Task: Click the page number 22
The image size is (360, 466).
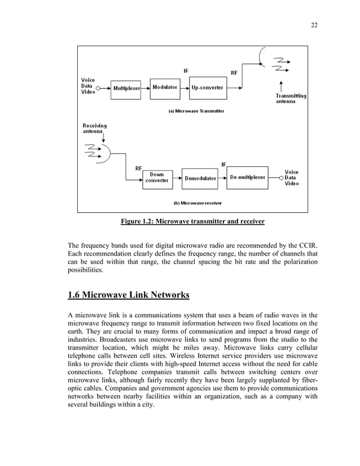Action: [x=314, y=25]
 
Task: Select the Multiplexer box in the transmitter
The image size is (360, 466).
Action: [x=128, y=88]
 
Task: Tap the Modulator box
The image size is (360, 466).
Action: [x=165, y=87]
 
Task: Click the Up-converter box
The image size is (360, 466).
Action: [x=207, y=87]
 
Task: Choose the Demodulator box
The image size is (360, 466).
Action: [x=200, y=178]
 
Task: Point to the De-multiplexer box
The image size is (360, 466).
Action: [x=247, y=177]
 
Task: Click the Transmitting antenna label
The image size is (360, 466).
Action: [x=291, y=99]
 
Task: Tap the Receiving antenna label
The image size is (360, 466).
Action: [x=94, y=128]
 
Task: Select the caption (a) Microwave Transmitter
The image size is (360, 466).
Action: [x=196, y=111]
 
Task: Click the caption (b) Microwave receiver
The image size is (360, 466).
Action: [x=197, y=202]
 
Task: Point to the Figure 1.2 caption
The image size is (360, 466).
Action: [x=192, y=222]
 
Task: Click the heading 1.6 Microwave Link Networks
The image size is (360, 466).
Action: [x=128, y=294]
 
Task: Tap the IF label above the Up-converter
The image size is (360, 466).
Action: [x=186, y=71]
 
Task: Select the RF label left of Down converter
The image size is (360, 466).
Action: [x=138, y=168]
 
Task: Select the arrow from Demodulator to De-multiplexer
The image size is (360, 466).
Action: [x=223, y=178]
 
